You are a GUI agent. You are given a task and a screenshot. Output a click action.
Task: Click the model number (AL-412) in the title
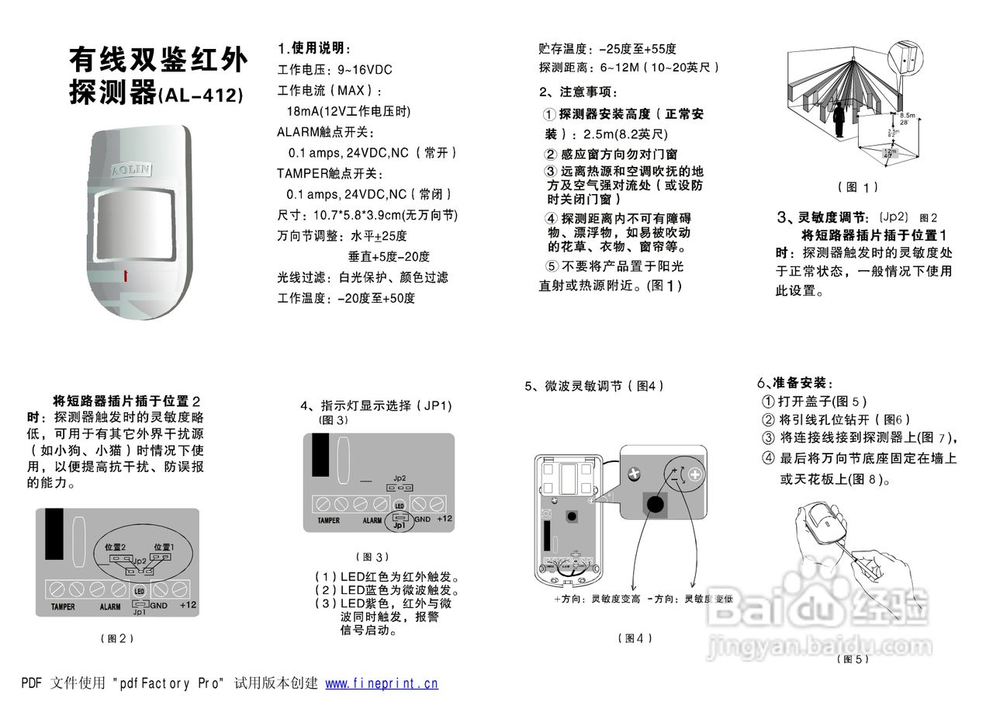pos(201,96)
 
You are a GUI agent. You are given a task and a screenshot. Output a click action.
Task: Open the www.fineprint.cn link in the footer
pos(381,683)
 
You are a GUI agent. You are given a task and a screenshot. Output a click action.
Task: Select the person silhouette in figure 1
pos(839,121)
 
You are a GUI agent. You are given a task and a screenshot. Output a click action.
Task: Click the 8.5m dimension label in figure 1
pos(907,116)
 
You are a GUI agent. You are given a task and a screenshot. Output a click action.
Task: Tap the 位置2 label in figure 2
pos(115,547)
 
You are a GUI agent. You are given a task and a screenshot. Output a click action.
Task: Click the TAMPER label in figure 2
pos(63,606)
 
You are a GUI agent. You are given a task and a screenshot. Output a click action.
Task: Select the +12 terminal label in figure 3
pos(444,519)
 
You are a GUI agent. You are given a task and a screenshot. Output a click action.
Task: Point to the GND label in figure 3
pos(422,519)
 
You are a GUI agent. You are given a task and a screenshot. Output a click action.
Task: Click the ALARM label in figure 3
pos(372,520)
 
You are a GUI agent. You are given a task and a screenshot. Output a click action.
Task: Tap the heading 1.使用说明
pos(314,49)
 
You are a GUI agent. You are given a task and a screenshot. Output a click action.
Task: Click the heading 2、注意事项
pos(578,92)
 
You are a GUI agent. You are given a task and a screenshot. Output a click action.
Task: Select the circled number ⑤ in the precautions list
pos(552,266)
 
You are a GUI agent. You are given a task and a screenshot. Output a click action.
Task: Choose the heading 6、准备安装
pos(794,383)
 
